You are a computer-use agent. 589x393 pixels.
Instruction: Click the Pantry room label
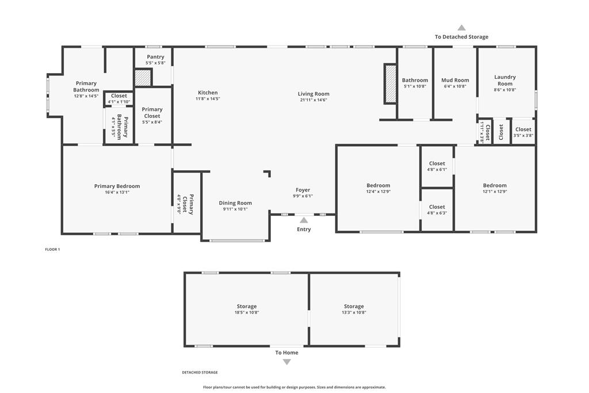point(155,57)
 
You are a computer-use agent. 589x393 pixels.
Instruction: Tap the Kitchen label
point(208,93)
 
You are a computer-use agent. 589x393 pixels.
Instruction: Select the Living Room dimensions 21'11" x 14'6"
point(313,100)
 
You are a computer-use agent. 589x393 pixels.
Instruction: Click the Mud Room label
point(455,80)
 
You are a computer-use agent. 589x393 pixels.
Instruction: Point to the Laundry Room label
point(505,80)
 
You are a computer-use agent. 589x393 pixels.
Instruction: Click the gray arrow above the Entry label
point(304,220)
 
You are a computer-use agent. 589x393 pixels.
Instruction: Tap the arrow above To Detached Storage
point(462,28)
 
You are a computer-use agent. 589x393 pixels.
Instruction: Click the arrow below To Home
point(286,362)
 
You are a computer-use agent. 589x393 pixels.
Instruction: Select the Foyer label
point(303,190)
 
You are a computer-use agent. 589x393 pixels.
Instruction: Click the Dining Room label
point(235,203)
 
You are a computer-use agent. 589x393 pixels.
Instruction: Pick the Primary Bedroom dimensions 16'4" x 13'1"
point(117,192)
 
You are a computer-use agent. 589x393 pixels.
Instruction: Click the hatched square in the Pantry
point(143,78)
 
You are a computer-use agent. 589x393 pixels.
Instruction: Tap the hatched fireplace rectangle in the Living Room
point(391,84)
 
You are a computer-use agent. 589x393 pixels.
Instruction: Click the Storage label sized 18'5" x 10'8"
point(247,306)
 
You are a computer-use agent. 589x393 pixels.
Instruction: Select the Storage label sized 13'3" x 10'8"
point(354,306)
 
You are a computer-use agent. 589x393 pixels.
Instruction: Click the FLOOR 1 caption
point(52,250)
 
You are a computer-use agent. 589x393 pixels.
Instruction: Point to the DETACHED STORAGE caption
point(200,372)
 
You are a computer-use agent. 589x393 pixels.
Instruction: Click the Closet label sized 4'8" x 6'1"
point(437,163)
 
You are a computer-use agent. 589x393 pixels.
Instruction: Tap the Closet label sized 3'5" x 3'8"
point(523,129)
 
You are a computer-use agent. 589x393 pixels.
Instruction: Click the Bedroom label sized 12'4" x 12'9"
point(378,185)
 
